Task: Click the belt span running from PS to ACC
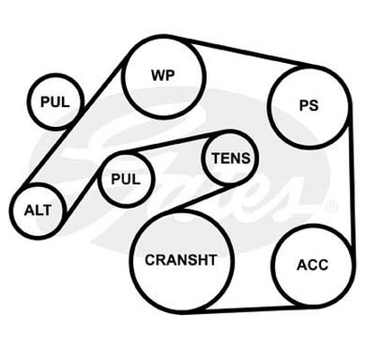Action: (352, 180)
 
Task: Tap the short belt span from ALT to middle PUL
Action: (81, 194)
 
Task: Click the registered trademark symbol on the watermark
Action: (331, 206)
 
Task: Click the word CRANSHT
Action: (181, 260)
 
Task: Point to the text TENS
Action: (231, 158)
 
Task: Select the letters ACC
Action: (312, 265)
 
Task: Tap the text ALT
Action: (38, 211)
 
